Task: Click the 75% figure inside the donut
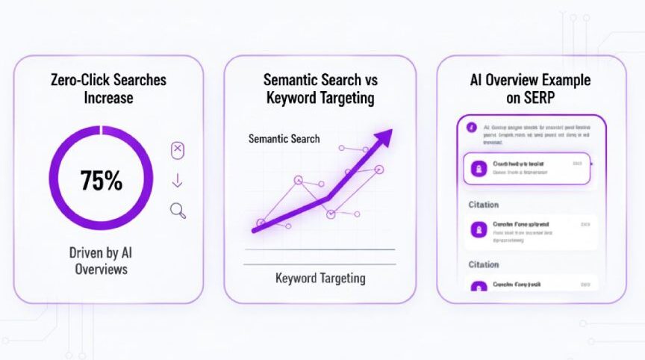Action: pyautogui.click(x=102, y=181)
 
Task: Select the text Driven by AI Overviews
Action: pyautogui.click(x=102, y=261)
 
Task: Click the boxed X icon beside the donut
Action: pyautogui.click(x=178, y=150)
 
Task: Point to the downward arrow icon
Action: pyautogui.click(x=178, y=181)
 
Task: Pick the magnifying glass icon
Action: pyautogui.click(x=178, y=211)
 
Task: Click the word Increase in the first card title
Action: pyautogui.click(x=109, y=98)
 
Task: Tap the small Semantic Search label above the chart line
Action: pyautogui.click(x=284, y=139)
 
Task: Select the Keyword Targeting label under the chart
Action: pyautogui.click(x=320, y=279)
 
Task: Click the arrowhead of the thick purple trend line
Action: pyautogui.click(x=384, y=137)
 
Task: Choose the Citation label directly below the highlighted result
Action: pyautogui.click(x=483, y=205)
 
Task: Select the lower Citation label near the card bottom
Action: pyautogui.click(x=483, y=264)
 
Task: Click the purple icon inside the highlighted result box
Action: pyautogui.click(x=476, y=168)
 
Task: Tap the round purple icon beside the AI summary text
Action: pyautogui.click(x=471, y=128)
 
